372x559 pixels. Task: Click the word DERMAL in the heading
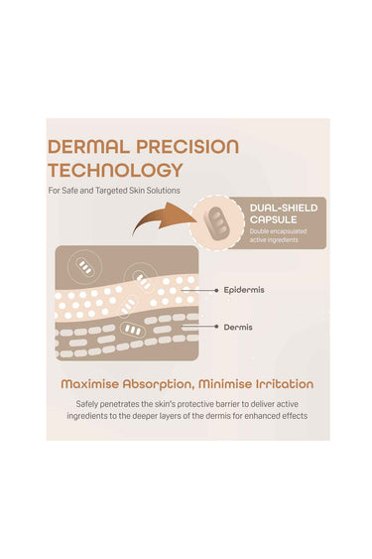(88, 147)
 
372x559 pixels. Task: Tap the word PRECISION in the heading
(187, 147)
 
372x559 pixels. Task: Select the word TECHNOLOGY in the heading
(115, 170)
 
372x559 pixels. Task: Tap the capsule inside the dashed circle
(216, 222)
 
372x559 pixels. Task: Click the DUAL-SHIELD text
(284, 208)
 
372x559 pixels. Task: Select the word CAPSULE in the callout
(274, 219)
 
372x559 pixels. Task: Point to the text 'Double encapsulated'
(278, 231)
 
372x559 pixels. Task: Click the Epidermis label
(244, 290)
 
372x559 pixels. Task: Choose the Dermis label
(238, 328)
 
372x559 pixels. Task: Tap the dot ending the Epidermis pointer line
(216, 291)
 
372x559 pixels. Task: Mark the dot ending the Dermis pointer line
(216, 327)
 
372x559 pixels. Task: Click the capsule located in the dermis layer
(133, 330)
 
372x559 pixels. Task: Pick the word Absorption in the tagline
(159, 384)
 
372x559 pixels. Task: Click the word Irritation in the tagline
(285, 384)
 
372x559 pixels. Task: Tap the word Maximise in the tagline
(90, 384)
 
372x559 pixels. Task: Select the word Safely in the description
(86, 404)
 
